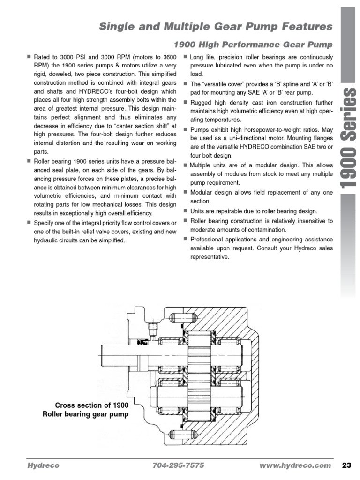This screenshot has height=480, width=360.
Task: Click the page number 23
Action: [x=347, y=465]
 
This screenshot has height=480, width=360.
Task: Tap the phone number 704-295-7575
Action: [x=179, y=465]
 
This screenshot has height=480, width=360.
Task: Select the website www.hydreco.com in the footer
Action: [x=294, y=465]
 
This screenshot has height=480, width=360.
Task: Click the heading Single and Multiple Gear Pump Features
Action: [x=216, y=26]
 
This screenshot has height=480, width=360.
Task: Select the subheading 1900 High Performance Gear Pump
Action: [x=253, y=45]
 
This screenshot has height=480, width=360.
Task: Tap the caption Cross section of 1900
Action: [x=91, y=405]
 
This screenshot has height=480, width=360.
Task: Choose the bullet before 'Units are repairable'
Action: [x=186, y=211]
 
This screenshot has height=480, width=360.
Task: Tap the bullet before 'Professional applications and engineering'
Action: [x=186, y=239]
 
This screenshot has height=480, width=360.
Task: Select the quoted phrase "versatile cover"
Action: [x=217, y=84]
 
